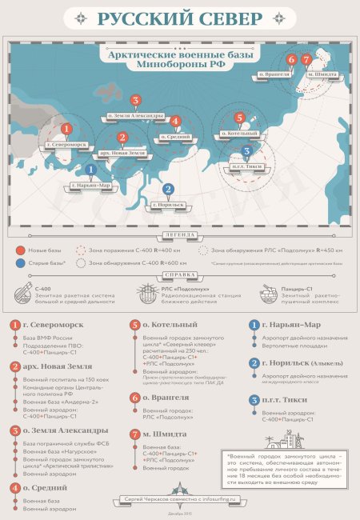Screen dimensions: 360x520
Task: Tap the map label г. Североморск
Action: pyautogui.click(x=66, y=145)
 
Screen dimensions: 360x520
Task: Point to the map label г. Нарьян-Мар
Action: pyautogui.click(x=90, y=186)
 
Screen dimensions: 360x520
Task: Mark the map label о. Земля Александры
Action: pyautogui.click(x=136, y=116)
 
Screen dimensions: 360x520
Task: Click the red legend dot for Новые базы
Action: pyautogui.click(x=19, y=250)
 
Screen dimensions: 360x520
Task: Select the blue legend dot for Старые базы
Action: pyautogui.click(x=19, y=262)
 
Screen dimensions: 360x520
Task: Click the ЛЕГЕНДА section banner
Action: pyautogui.click(x=179, y=235)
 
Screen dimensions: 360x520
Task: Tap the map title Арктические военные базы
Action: pyautogui.click(x=180, y=54)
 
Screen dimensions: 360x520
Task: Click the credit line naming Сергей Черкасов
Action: pyautogui.click(x=178, y=498)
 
